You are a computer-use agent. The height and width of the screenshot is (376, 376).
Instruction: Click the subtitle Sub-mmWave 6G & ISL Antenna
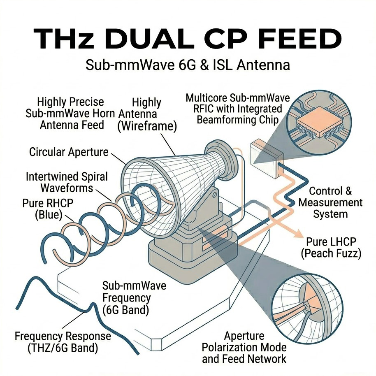point(188,65)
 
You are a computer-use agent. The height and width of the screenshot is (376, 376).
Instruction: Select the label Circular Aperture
point(69,152)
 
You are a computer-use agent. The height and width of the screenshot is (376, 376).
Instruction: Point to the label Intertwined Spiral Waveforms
point(67,182)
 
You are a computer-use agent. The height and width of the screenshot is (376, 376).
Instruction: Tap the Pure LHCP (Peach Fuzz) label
point(331,248)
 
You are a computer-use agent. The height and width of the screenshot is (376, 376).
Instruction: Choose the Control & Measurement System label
point(330,202)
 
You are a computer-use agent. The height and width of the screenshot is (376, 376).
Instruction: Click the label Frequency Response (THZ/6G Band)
point(63,342)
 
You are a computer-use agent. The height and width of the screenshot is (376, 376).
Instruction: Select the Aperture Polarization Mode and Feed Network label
point(244,348)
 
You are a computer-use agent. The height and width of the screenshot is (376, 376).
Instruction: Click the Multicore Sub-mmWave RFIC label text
point(234,109)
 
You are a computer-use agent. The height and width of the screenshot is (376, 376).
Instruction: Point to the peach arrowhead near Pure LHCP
point(296,233)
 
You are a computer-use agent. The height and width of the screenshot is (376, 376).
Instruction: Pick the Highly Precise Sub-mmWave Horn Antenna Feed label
point(70,113)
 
